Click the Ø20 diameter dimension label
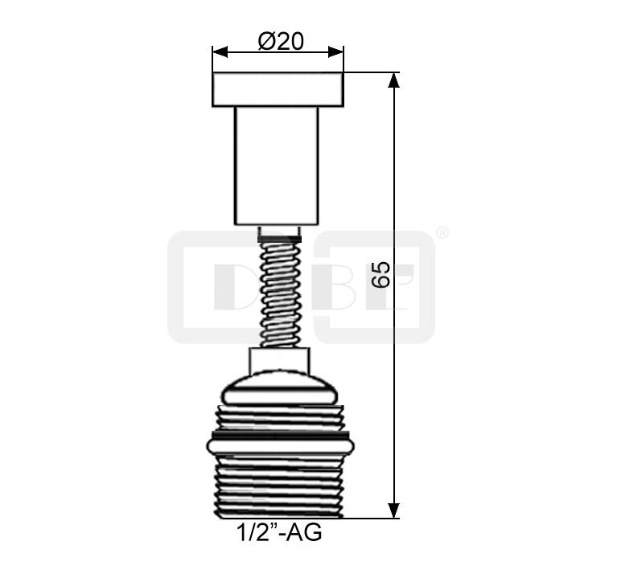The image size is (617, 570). tap(281, 41)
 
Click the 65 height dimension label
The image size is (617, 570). tap(381, 274)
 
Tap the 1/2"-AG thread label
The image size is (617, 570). tap(279, 532)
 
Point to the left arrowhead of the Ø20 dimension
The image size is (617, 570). tap(220, 51)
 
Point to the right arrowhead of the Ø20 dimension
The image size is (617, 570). tap(336, 51)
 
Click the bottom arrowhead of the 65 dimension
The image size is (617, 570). tap(394, 511)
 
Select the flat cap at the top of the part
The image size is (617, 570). tap(278, 89)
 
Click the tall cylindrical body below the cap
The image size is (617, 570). tap(277, 166)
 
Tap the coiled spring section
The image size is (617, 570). tap(279, 294)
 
